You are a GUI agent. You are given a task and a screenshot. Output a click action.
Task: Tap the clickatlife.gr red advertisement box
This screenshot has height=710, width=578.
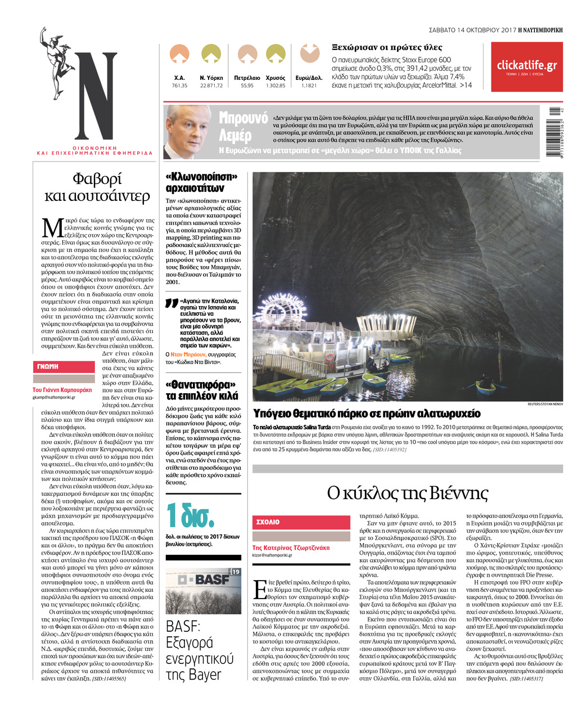pyautogui.click(x=526, y=67)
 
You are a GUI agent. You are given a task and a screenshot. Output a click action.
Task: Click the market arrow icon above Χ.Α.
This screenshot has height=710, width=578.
pyautogui.click(x=179, y=54)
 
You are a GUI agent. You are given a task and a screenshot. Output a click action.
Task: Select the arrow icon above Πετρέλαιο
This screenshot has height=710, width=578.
pyautogui.click(x=247, y=54)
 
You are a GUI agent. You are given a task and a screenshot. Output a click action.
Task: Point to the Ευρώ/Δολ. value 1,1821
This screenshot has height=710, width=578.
pyautogui.click(x=309, y=86)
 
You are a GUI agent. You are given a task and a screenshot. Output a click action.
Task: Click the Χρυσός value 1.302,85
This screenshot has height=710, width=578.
pyautogui.click(x=276, y=86)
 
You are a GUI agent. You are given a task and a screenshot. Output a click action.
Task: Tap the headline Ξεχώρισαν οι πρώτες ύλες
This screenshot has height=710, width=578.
pyautogui.click(x=387, y=48)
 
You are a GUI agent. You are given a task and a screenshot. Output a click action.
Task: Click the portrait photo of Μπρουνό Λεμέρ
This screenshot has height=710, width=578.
pyautogui.click(x=188, y=132)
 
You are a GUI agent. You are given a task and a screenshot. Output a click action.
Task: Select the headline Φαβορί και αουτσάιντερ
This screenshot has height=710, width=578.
pyautogui.click(x=97, y=187)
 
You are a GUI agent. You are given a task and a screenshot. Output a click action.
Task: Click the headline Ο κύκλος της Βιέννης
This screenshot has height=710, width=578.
pyautogui.click(x=407, y=493)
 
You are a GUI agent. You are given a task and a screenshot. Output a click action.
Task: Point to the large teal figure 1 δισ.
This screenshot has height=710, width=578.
pyautogui.click(x=190, y=514)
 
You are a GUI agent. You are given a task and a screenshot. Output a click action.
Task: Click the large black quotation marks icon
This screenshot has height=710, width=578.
pyautogui.click(x=172, y=304)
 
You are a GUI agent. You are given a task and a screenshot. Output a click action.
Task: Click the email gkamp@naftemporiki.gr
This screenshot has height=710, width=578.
pyautogui.click(x=54, y=397)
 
